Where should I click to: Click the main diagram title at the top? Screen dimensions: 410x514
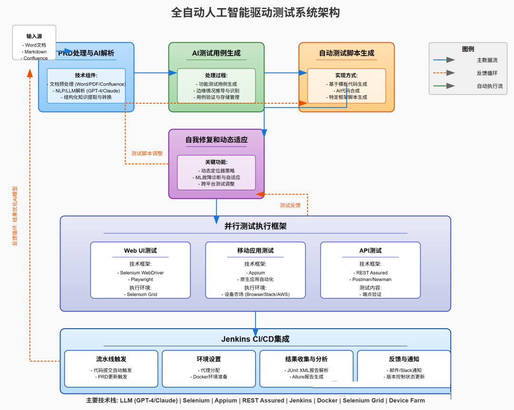tap(256, 12)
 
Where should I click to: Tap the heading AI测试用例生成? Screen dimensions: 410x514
tap(216, 53)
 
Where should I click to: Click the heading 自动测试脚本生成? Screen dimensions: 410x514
tap(346, 53)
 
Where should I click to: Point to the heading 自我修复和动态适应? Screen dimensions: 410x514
tap(217, 140)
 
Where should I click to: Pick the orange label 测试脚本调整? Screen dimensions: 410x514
tap(147, 154)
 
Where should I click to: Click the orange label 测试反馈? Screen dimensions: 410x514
tap(290, 205)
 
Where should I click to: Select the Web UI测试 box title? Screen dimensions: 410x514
tap(140, 251)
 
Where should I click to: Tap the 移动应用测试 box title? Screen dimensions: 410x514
tap(256, 251)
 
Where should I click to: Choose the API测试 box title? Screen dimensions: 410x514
tap(370, 251)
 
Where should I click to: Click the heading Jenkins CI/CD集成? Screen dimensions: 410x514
tap(255, 339)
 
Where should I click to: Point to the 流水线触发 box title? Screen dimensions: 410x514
tap(111, 359)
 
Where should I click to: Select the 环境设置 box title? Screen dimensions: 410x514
tap(209, 359)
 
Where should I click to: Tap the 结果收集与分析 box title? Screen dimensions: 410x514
tap(306, 359)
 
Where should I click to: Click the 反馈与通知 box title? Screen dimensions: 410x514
tap(404, 359)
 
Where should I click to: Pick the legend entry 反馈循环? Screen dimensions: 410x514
tap(487, 73)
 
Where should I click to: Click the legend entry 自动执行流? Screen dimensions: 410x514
tap(490, 86)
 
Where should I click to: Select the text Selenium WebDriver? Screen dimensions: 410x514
tap(142, 273)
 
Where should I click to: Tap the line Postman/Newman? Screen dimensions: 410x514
tap(370, 280)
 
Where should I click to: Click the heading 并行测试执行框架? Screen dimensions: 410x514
tap(256, 226)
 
